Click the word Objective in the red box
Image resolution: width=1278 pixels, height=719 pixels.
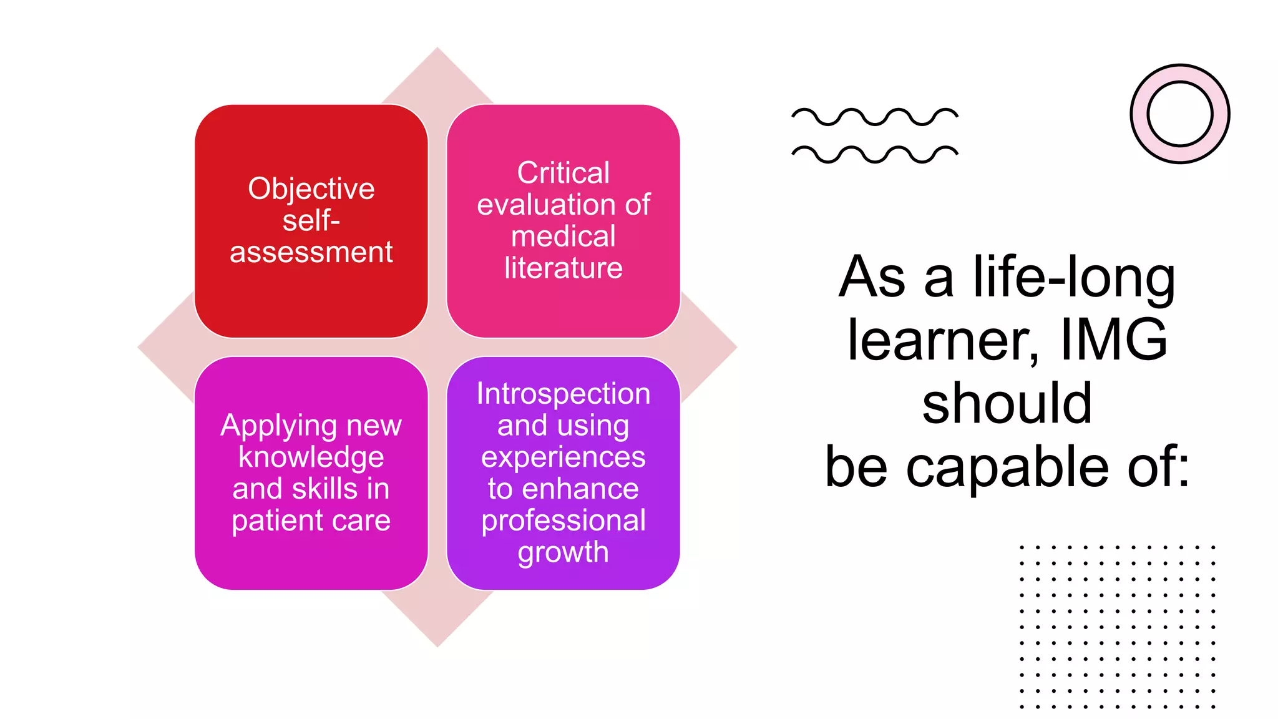(x=311, y=189)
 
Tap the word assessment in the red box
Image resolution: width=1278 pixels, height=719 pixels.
(x=311, y=253)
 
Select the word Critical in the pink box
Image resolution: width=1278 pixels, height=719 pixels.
(x=563, y=173)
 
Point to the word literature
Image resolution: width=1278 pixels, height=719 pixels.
(x=563, y=268)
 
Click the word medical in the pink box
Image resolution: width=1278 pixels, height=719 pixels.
(x=563, y=237)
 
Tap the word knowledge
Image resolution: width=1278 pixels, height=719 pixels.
(x=311, y=457)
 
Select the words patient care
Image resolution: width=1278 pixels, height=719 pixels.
(x=311, y=521)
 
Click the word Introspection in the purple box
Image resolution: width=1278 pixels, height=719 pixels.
(x=563, y=394)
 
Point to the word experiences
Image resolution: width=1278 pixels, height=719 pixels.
(x=563, y=457)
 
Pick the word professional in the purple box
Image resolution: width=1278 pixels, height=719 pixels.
(x=563, y=521)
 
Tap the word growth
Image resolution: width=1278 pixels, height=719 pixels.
(x=563, y=552)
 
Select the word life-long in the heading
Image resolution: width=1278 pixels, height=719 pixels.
(x=1074, y=276)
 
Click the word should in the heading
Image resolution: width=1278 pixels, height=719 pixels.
(x=1007, y=403)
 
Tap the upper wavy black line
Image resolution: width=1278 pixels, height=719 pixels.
(x=874, y=117)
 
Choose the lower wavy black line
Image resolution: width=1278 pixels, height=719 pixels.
(x=874, y=154)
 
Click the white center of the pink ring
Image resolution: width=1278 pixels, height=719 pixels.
(x=1179, y=114)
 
